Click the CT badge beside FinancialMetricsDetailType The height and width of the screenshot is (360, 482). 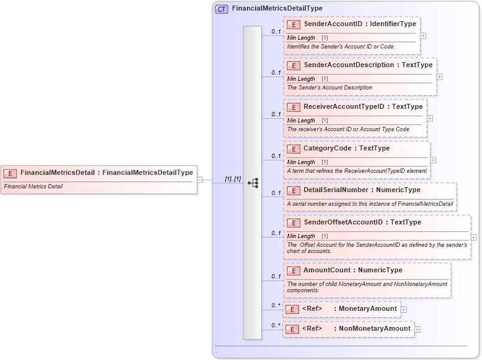click(x=221, y=9)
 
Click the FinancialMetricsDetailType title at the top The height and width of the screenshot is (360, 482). click(x=277, y=9)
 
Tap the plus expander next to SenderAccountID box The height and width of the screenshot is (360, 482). click(x=423, y=35)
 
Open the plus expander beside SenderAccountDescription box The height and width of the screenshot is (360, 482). click(x=440, y=77)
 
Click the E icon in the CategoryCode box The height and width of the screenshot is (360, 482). click(x=293, y=149)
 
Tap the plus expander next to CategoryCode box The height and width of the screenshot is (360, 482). click(x=433, y=160)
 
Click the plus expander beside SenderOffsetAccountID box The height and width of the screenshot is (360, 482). click(x=474, y=237)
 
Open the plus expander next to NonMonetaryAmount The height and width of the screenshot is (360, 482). click(x=417, y=330)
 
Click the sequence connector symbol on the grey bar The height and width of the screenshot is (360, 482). click(x=253, y=183)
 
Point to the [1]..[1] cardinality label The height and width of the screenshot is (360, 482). click(x=233, y=179)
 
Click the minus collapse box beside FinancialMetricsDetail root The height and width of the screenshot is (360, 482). click(x=200, y=180)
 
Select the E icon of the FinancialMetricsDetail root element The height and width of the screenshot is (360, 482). click(x=10, y=173)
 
